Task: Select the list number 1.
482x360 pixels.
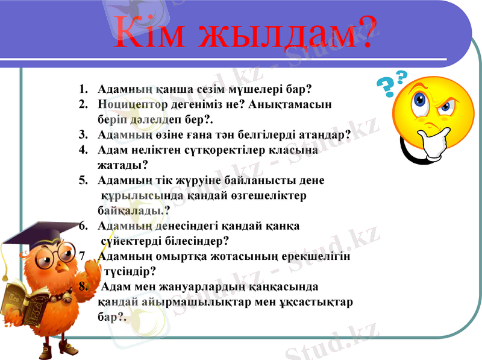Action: pyautogui.click(x=83, y=89)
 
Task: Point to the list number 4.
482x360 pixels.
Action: pyautogui.click(x=83, y=150)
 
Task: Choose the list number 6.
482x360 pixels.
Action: pyautogui.click(x=83, y=226)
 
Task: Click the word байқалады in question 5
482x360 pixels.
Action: pyautogui.click(x=131, y=210)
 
